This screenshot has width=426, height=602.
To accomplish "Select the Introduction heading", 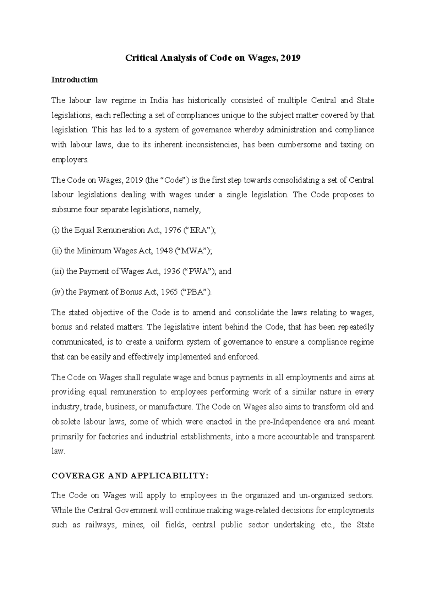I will (x=75, y=80).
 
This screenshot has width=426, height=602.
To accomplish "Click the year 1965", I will (x=170, y=292).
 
